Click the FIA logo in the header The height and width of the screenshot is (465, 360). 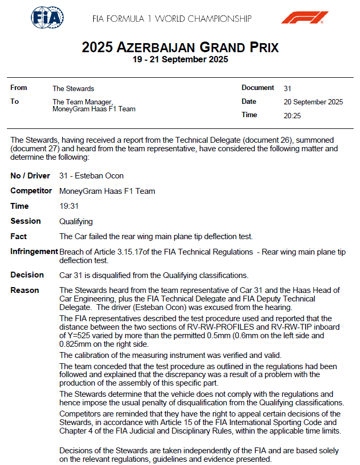click(47, 19)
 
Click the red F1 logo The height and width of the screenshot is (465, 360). click(305, 18)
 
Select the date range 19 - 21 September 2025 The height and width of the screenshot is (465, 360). click(180, 60)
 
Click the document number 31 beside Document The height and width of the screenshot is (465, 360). click(288, 88)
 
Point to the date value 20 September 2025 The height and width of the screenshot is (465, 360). click(313, 102)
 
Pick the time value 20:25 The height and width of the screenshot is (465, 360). click(292, 115)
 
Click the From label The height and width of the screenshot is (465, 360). click(19, 88)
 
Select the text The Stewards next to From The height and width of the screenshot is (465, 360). click(73, 88)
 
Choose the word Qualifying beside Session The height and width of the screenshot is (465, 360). click(76, 221)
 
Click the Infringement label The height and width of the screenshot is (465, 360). click(34, 251)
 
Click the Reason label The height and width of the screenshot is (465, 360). click(24, 290)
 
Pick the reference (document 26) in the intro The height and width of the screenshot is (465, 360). click(266, 140)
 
